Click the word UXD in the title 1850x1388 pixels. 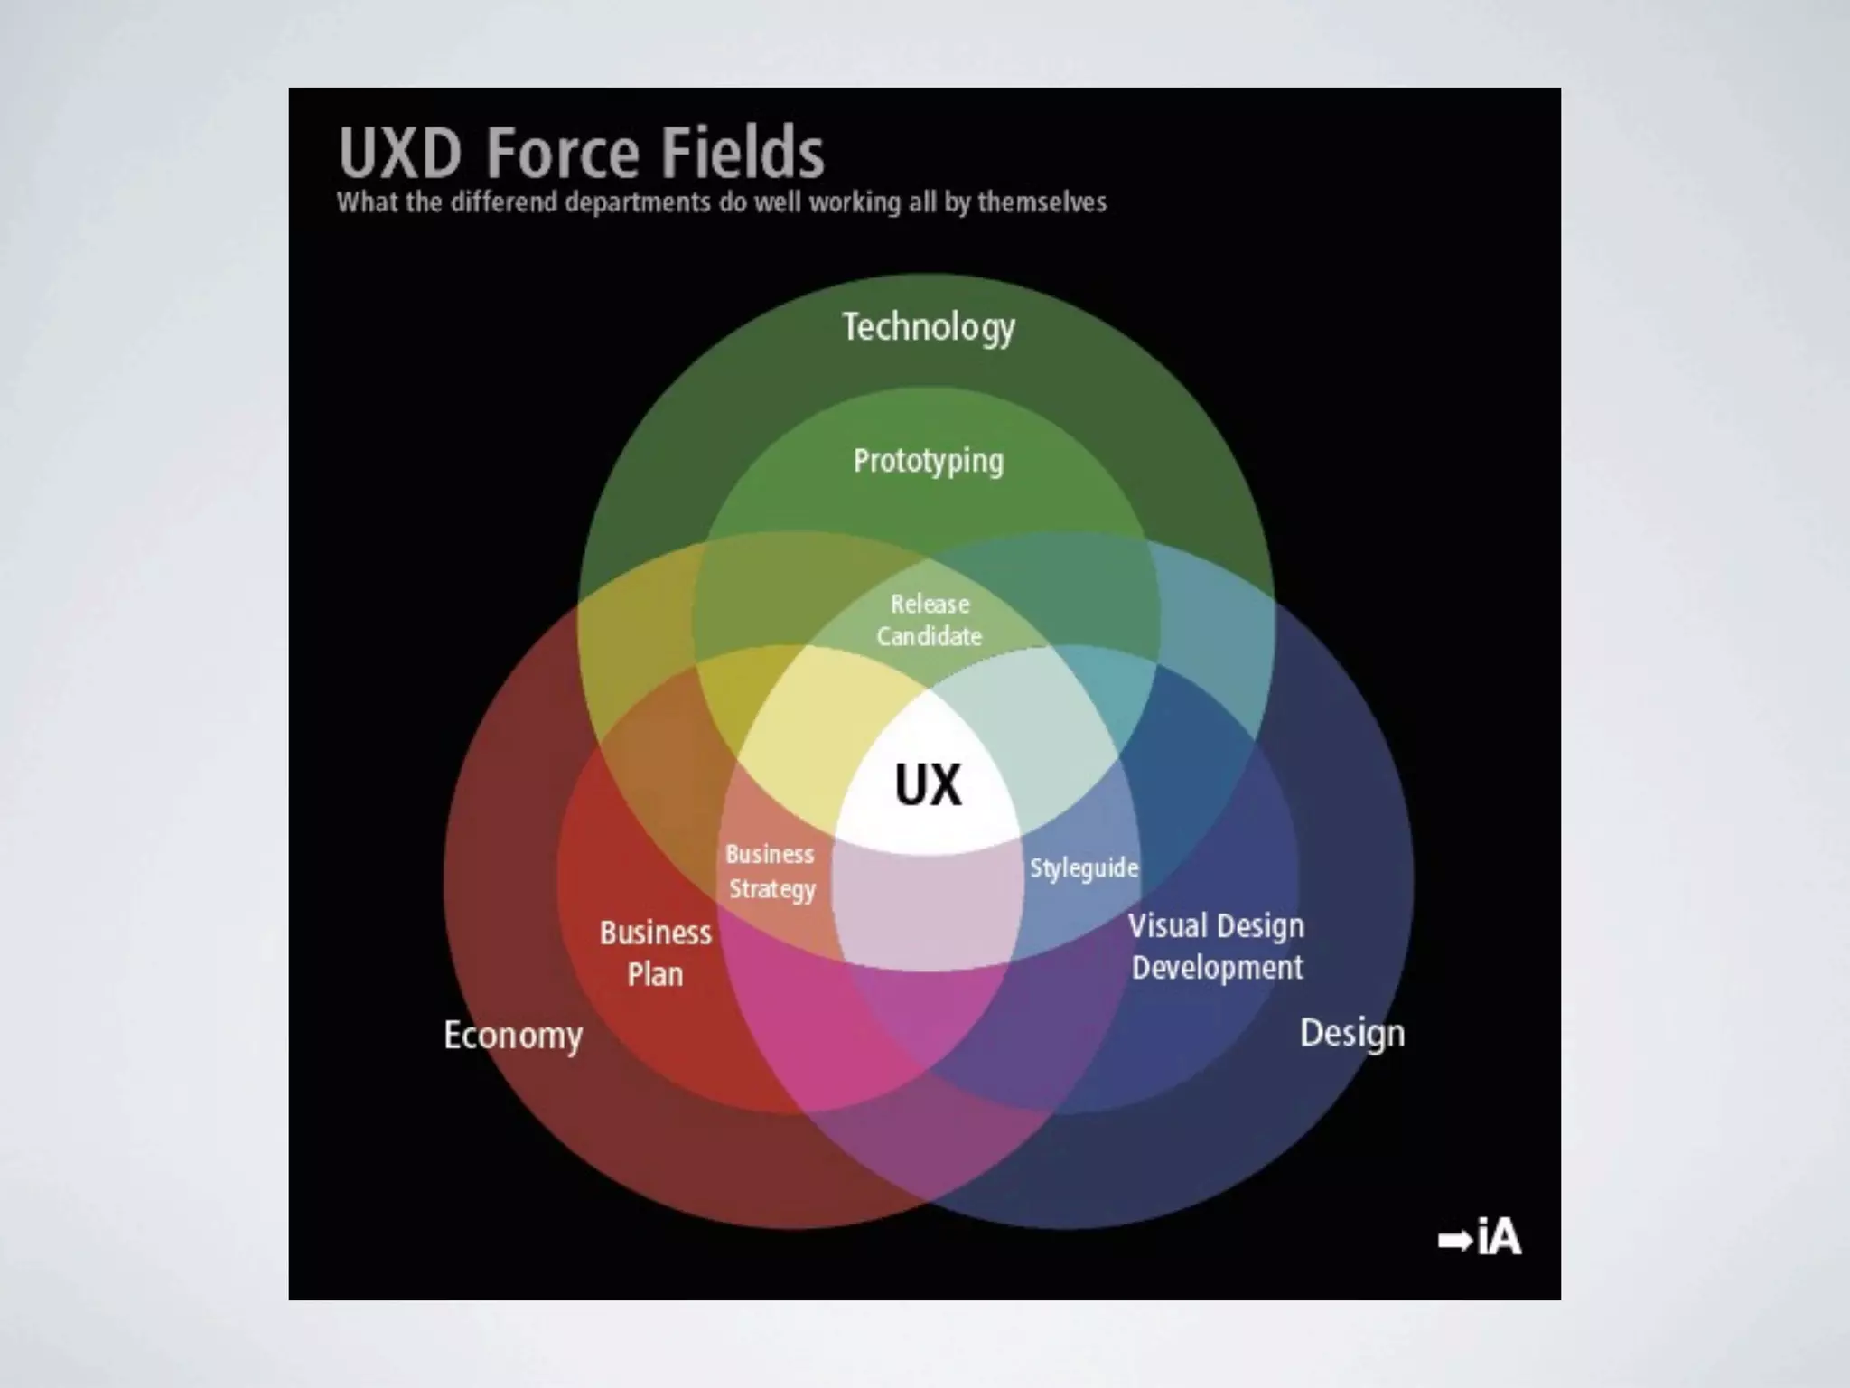[x=400, y=153]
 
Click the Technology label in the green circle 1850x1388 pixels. [x=929, y=327]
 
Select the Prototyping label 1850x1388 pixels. [x=929, y=462]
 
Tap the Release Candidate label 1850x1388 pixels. [x=930, y=620]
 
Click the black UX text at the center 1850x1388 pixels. [x=929, y=785]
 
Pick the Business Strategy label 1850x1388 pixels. [x=771, y=872]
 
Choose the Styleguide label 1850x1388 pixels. [x=1084, y=868]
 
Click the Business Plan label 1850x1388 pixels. [x=656, y=953]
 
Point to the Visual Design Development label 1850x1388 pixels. [x=1217, y=946]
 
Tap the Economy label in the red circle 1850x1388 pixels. [x=513, y=1036]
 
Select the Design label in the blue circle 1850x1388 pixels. [x=1352, y=1033]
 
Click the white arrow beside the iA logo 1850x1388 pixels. [x=1455, y=1240]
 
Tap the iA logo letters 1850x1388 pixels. [x=1500, y=1237]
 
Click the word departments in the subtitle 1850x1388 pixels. [x=638, y=202]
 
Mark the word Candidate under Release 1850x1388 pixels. [x=930, y=636]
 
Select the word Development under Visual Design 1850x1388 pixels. [x=1218, y=968]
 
